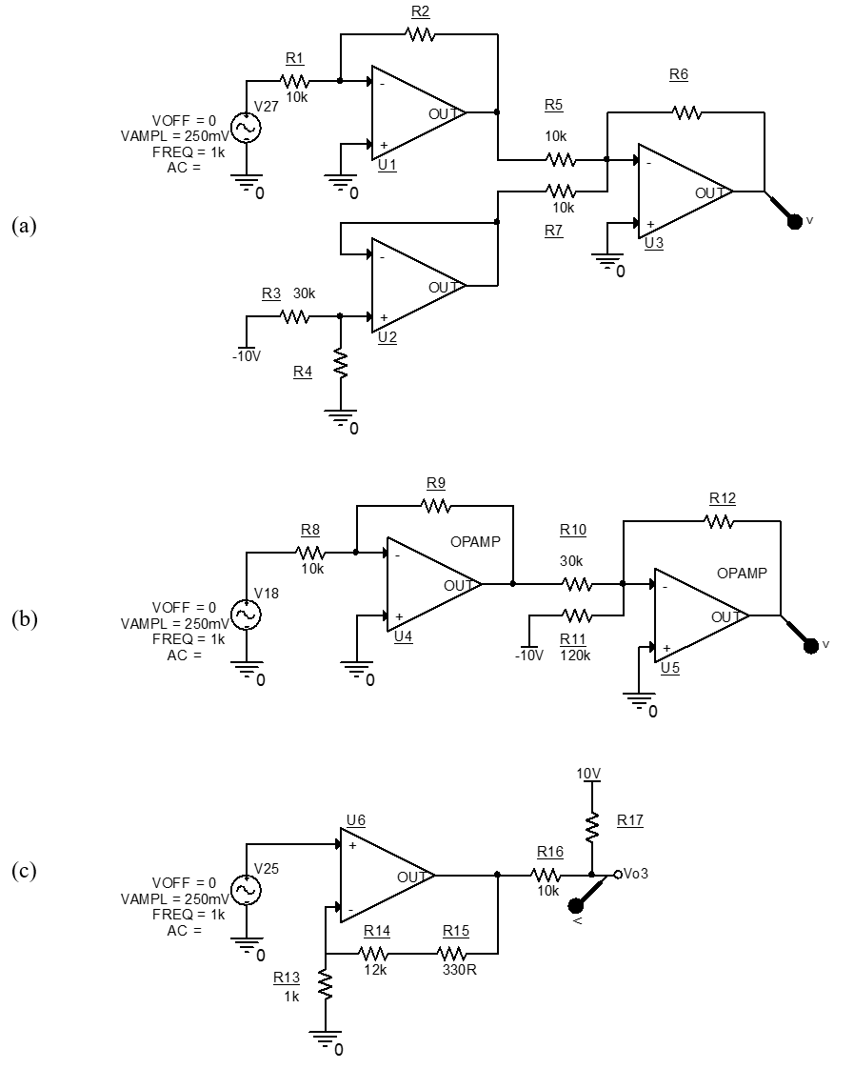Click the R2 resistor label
[x=420, y=11]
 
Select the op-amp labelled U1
[x=414, y=114]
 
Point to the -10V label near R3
[x=246, y=356]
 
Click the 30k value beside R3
[x=304, y=293]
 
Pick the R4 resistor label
[x=303, y=372]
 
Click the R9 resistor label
[x=435, y=482]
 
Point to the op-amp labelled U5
[x=697, y=616]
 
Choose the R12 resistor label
[x=723, y=498]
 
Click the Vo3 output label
[x=637, y=873]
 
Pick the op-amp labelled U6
[x=384, y=875]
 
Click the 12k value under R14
[x=374, y=969]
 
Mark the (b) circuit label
[x=24, y=618]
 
